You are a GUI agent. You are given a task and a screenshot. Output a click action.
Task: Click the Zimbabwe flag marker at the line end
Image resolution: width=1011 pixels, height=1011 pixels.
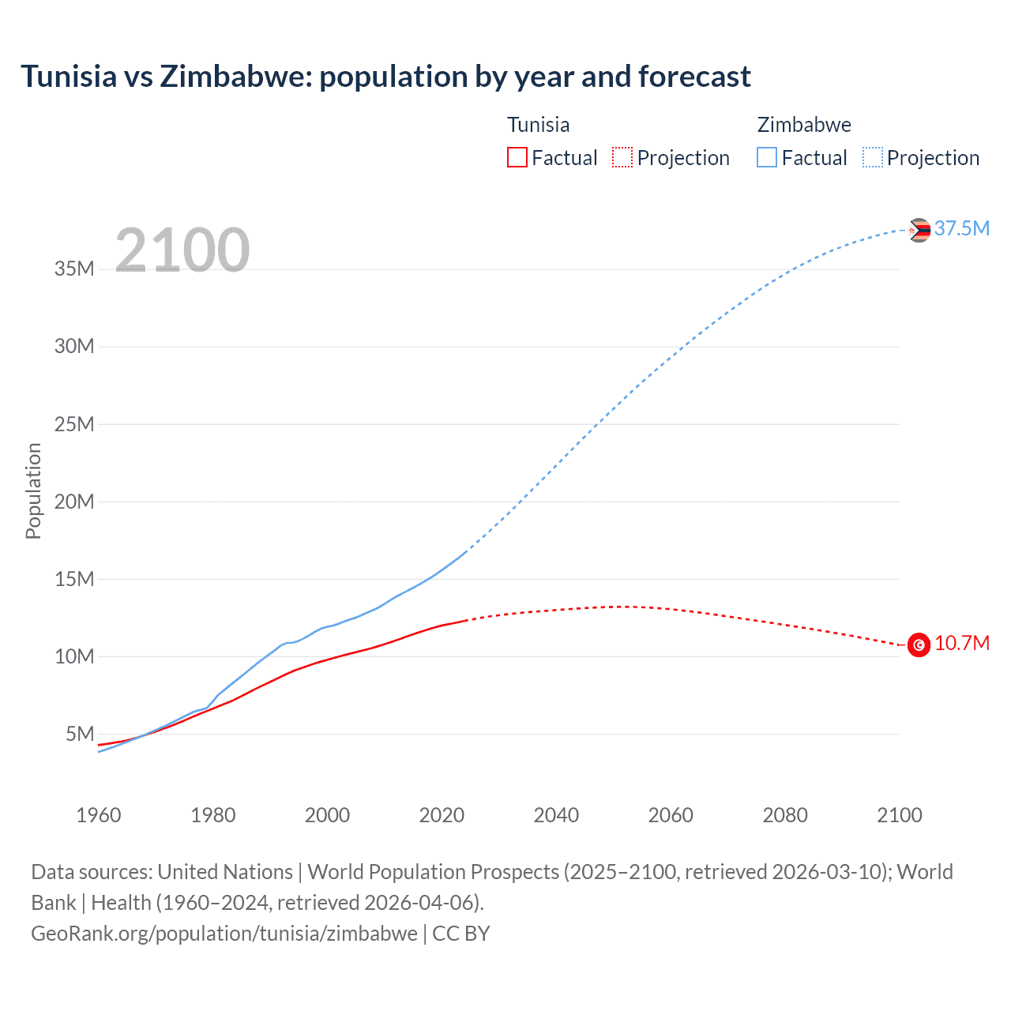919,230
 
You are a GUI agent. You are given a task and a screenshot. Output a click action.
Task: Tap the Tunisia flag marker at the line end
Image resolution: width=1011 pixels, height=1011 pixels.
919,645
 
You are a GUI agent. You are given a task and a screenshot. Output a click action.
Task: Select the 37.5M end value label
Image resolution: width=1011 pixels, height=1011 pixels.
961,228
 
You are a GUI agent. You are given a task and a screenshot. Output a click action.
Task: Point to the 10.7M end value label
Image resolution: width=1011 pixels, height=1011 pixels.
961,643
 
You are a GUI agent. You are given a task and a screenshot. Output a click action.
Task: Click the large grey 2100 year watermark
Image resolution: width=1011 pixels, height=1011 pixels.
182,250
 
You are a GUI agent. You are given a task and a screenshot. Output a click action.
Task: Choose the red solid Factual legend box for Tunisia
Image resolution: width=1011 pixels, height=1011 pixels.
517,157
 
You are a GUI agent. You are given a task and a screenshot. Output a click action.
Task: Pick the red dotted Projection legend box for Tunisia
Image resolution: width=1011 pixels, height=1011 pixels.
622,157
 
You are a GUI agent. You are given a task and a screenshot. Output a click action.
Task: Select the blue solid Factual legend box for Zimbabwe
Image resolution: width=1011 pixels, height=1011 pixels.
767,157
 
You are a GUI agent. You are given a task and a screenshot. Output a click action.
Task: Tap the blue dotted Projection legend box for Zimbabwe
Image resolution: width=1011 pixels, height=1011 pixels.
873,157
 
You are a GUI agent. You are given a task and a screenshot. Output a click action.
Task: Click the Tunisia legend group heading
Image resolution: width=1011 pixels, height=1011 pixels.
538,125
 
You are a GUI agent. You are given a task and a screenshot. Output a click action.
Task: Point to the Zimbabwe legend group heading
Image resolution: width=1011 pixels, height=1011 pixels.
804,125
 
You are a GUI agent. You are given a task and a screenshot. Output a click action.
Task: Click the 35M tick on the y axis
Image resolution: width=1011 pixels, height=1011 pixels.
74,269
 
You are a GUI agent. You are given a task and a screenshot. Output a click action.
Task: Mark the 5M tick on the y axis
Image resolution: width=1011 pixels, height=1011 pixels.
80,734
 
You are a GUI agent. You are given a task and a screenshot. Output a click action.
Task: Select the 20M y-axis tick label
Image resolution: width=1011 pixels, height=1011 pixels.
74,502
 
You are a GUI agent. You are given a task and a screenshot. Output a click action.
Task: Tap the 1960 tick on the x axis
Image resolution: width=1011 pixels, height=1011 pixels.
99,815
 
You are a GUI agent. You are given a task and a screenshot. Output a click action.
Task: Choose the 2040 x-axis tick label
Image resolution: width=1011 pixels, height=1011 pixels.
556,815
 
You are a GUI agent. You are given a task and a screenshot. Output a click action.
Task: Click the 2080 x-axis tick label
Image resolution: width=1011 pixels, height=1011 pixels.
785,815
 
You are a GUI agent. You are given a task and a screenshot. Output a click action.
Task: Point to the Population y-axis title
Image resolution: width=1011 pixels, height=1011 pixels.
33,490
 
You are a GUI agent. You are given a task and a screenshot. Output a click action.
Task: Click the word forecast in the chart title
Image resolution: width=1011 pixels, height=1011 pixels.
694,77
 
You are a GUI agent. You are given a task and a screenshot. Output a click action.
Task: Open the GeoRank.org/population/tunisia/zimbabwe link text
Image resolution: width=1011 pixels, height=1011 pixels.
224,933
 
